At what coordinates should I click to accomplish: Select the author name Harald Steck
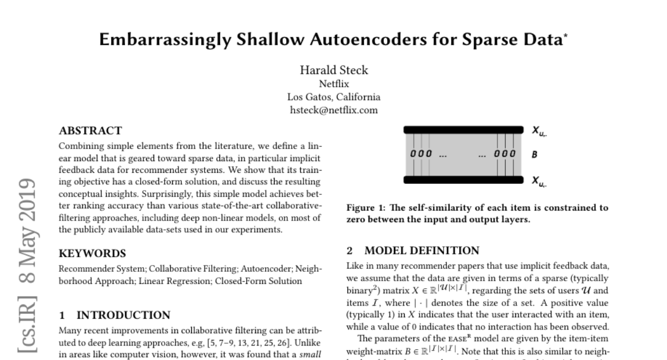coord(333,71)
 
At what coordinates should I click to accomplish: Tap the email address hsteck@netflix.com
coord(333,110)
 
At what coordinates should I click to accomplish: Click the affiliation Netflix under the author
coord(333,84)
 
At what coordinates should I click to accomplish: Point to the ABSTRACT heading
coord(90,131)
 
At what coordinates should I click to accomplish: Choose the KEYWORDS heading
coord(92,253)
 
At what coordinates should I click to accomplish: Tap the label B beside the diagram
coord(535,154)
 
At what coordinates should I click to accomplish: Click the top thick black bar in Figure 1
coord(464,129)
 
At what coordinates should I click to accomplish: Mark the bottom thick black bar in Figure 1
coord(464,179)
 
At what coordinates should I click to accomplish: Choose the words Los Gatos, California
coord(333,97)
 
